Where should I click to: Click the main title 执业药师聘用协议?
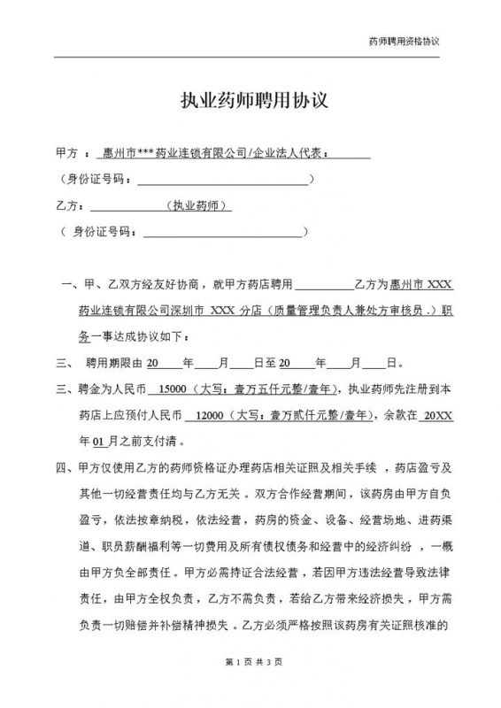(x=250, y=100)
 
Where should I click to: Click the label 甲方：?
(x=69, y=153)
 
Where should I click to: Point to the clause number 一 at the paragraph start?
(x=66, y=287)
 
